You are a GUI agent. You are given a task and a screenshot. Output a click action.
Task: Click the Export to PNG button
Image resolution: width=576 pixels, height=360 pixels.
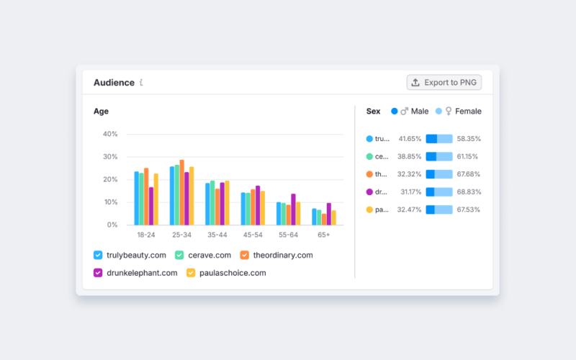pyautogui.click(x=444, y=82)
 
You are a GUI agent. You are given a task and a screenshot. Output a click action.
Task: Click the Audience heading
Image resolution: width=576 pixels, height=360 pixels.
pyautogui.click(x=114, y=82)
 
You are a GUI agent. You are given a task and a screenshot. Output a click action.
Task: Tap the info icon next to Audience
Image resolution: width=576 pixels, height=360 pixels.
pyautogui.click(x=141, y=82)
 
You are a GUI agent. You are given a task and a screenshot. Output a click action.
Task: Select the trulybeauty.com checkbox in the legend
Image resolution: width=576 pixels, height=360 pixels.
pyautogui.click(x=98, y=255)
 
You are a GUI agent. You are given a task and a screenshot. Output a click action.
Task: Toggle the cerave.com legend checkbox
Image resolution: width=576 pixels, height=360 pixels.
pyautogui.click(x=179, y=255)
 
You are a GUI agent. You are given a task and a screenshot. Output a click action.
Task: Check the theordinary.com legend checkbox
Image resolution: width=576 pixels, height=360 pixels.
pyautogui.click(x=244, y=255)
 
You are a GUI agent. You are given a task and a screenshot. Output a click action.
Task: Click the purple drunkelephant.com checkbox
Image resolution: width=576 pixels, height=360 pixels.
pyautogui.click(x=98, y=273)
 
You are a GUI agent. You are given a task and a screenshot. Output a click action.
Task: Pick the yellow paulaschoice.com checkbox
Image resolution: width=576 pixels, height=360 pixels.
pyautogui.click(x=191, y=273)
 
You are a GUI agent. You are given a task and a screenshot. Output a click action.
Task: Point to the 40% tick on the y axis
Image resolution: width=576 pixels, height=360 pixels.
pyautogui.click(x=110, y=134)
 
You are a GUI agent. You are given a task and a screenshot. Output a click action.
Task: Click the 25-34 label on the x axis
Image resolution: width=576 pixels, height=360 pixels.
pyautogui.click(x=182, y=235)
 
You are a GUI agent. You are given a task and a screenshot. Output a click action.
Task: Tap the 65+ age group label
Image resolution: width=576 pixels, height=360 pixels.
pyautogui.click(x=324, y=235)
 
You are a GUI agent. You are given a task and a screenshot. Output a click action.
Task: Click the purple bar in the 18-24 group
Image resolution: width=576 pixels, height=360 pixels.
pyautogui.click(x=151, y=206)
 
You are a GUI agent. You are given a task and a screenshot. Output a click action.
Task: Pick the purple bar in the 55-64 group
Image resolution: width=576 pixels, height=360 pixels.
pyautogui.click(x=293, y=210)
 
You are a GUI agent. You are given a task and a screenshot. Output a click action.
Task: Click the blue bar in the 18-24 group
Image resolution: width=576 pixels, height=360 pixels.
pyautogui.click(x=136, y=198)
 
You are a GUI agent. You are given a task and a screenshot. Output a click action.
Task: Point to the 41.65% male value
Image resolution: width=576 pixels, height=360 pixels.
pyautogui.click(x=410, y=138)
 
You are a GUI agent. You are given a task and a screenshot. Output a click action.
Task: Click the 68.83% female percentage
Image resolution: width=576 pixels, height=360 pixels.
pyautogui.click(x=469, y=192)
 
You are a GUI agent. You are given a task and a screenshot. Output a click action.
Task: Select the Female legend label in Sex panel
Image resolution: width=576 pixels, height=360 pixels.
pyautogui.click(x=468, y=112)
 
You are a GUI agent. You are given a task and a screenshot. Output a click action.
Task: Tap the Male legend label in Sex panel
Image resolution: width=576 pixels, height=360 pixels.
pyautogui.click(x=420, y=112)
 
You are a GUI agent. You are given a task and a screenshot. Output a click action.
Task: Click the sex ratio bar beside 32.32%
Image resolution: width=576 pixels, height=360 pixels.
pyautogui.click(x=439, y=174)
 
